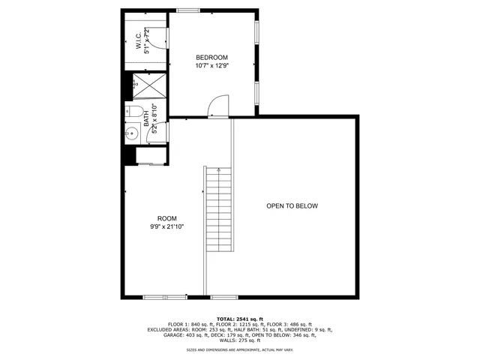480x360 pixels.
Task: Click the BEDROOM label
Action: pyautogui.click(x=211, y=58)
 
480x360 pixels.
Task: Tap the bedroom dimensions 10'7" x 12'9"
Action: pyautogui.click(x=211, y=66)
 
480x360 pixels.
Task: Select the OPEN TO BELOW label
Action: pyautogui.click(x=292, y=206)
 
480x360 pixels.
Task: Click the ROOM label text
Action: pyautogui.click(x=166, y=218)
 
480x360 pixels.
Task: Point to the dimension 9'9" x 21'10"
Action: pyautogui.click(x=166, y=226)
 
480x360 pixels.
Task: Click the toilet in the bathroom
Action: pyautogui.click(x=135, y=112)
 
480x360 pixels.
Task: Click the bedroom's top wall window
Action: pyautogui.click(x=188, y=10)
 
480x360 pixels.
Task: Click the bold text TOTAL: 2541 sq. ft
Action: pyautogui.click(x=240, y=318)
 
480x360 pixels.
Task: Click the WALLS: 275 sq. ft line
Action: pyautogui.click(x=240, y=340)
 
